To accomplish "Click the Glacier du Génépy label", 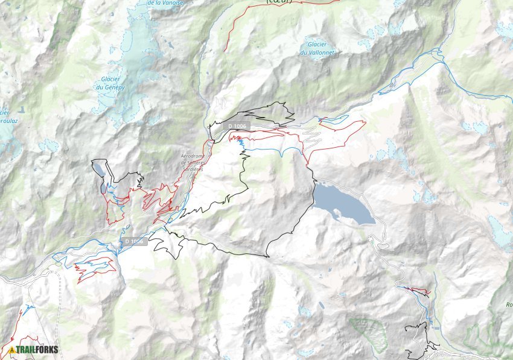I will click(110, 83).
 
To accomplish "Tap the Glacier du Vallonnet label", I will click(317, 48).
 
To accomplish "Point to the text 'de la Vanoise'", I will click(167, 3).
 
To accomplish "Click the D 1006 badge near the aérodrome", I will click(237, 125).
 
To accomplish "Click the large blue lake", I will click(341, 204).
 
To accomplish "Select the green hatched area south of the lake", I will click(368, 333).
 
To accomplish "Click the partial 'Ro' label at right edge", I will click(509, 305).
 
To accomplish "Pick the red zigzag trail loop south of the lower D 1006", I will click(94, 267).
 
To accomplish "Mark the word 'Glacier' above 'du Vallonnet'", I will click(317, 44).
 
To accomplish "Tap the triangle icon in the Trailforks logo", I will click(11, 350).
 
